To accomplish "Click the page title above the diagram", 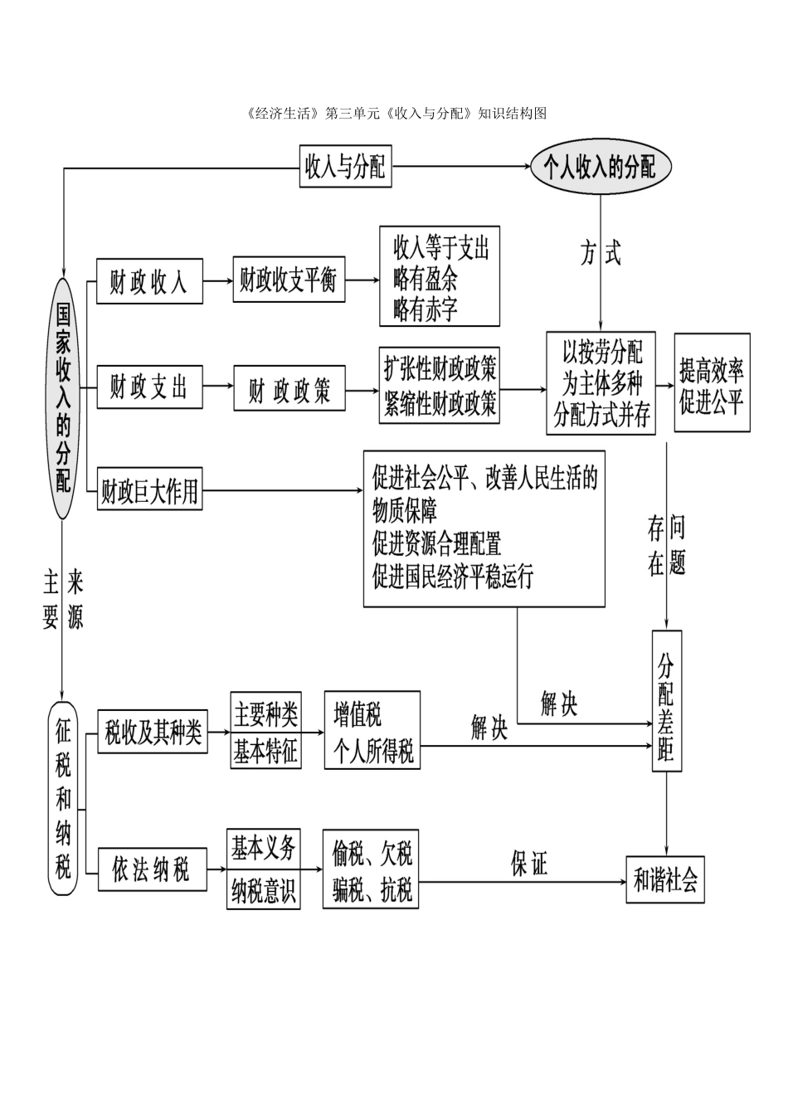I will pyautogui.click(x=396, y=114).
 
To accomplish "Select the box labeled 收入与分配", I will pyautogui.click(x=345, y=168).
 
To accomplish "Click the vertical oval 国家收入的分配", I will pyautogui.click(x=63, y=398).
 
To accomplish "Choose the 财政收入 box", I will pyautogui.click(x=149, y=282).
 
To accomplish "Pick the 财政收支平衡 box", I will pyautogui.click(x=288, y=280).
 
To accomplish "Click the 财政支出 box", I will pyautogui.click(x=149, y=387).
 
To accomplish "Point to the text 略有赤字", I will pyautogui.click(x=425, y=309).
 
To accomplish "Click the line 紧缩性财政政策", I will pyautogui.click(x=440, y=404).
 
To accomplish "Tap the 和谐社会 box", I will pyautogui.click(x=665, y=879).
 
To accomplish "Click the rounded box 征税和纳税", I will pyautogui.click(x=64, y=798).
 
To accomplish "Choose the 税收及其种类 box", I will pyautogui.click(x=153, y=733).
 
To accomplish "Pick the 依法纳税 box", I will pyautogui.click(x=152, y=869).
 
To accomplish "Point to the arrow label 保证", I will pyautogui.click(x=528, y=864).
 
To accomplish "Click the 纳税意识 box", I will pyautogui.click(x=264, y=892).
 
